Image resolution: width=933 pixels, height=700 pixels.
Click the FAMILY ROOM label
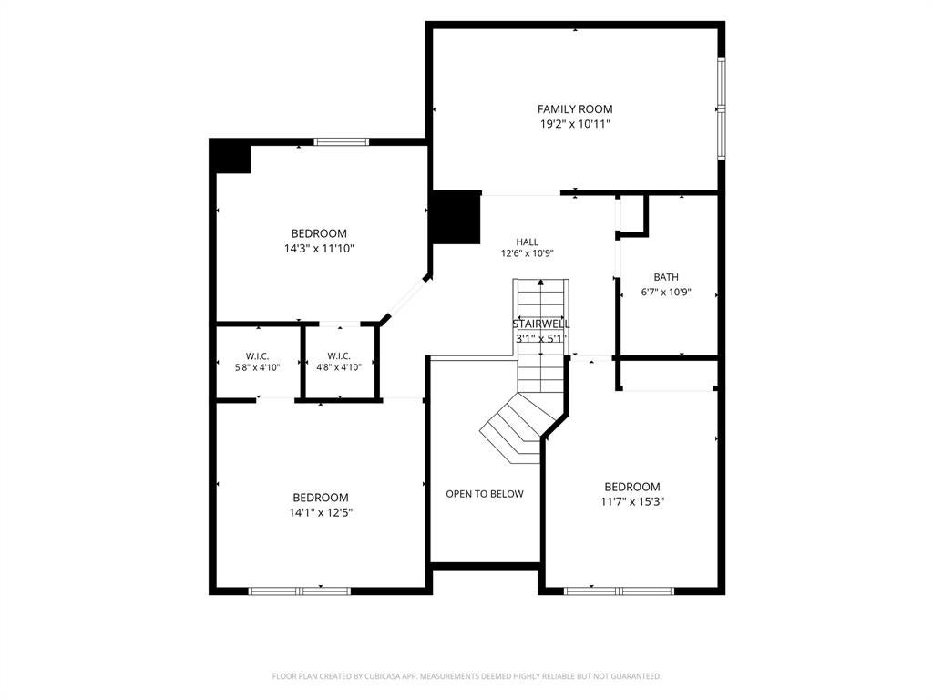click(575, 109)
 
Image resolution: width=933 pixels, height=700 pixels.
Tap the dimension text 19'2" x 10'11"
click(575, 124)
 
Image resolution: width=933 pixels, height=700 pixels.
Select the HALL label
click(528, 242)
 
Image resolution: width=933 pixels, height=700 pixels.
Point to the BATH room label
click(666, 277)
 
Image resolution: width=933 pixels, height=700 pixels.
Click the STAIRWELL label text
click(541, 324)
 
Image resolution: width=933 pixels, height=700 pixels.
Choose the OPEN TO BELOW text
click(485, 493)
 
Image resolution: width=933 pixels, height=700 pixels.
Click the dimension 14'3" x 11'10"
click(319, 248)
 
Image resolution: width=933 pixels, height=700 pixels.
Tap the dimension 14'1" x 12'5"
click(321, 512)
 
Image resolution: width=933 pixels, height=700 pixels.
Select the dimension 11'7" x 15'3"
click(632, 502)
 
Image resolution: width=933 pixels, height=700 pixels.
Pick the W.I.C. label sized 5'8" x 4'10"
click(258, 356)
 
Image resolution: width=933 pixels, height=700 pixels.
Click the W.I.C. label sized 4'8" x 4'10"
click(339, 356)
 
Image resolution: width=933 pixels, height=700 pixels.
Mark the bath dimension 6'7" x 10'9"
click(666, 293)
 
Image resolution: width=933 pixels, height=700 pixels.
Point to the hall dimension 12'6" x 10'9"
click(528, 253)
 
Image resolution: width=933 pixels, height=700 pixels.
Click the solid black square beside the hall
click(456, 217)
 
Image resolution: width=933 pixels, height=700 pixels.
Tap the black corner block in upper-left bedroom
click(231, 156)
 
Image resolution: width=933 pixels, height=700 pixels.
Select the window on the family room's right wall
click(722, 108)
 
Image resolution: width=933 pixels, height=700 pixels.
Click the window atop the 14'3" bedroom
click(342, 141)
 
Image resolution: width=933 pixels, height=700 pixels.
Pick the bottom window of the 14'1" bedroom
click(299, 591)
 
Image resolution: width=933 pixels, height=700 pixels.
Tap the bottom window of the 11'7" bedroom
click(619, 591)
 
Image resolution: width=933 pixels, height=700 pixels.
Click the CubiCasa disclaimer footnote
click(466, 676)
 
